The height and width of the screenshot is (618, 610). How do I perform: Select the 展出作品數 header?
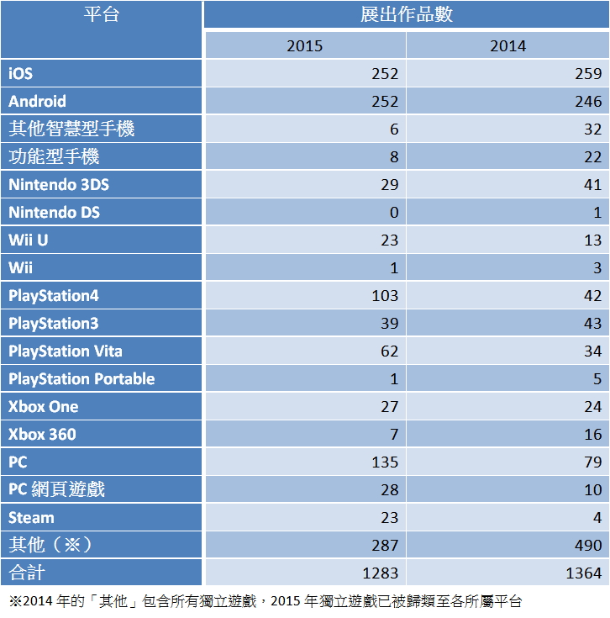pyautogui.click(x=407, y=15)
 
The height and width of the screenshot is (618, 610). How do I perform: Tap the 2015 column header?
pyautogui.click(x=304, y=45)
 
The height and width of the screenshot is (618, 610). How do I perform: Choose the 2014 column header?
pyautogui.click(x=508, y=45)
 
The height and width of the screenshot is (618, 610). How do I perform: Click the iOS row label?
pyautogui.click(x=21, y=73)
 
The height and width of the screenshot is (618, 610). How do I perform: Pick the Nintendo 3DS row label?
pyautogui.click(x=59, y=185)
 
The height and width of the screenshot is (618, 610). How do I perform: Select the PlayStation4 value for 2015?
pyautogui.click(x=385, y=296)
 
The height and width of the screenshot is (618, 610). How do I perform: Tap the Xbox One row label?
pyautogui.click(x=44, y=407)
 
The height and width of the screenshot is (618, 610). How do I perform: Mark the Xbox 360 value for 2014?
pyautogui.click(x=592, y=435)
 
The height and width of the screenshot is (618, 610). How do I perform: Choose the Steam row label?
pyautogui.click(x=31, y=518)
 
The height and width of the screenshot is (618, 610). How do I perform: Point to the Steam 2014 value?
pyautogui.click(x=597, y=518)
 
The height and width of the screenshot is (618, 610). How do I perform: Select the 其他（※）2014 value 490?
pyautogui.click(x=586, y=546)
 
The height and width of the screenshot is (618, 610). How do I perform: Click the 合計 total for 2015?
pyautogui.click(x=381, y=573)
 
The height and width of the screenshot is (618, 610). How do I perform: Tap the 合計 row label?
pyautogui.click(x=26, y=573)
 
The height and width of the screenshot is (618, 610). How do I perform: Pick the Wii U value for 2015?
pyautogui.click(x=388, y=240)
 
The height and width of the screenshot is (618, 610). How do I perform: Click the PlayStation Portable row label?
pyautogui.click(x=82, y=379)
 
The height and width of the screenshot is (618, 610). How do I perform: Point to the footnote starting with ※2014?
pyautogui.click(x=265, y=601)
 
